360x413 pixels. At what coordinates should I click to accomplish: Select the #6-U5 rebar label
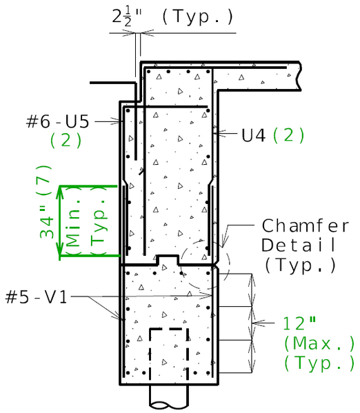(x=58, y=121)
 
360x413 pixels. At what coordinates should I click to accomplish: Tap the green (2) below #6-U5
(x=66, y=140)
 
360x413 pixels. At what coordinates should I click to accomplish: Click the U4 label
(x=253, y=135)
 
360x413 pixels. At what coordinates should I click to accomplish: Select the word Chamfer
(x=298, y=226)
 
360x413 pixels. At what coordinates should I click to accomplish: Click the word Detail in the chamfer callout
(x=298, y=245)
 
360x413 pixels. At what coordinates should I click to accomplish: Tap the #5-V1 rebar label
(x=36, y=297)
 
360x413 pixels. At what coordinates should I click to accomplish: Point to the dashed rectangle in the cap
(x=169, y=353)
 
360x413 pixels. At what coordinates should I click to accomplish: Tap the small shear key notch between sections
(x=167, y=260)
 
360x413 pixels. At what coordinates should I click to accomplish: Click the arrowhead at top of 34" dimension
(x=60, y=191)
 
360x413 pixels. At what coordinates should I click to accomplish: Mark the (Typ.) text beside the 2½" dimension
(x=199, y=17)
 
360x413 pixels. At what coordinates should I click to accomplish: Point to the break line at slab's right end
(x=298, y=76)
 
